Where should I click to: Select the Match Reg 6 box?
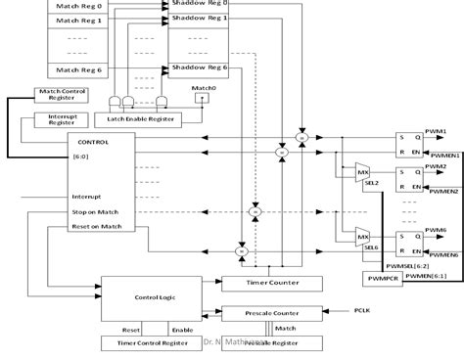[79, 69]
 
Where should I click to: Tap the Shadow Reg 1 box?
[199, 19]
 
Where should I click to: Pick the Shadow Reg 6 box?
[199, 67]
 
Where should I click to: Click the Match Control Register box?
[62, 95]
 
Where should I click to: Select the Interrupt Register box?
[55, 118]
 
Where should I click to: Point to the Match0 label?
[203, 89]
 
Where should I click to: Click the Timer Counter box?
[262, 255]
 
